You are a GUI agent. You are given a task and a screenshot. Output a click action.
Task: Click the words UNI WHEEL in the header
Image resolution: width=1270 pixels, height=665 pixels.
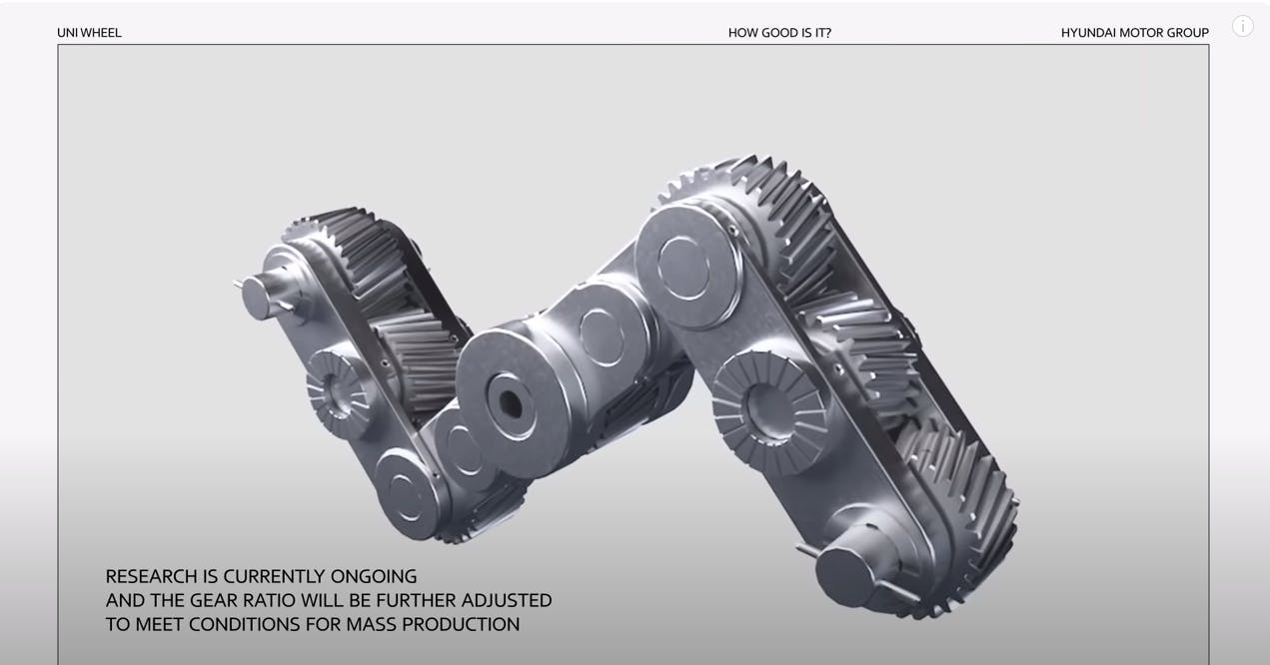click(x=89, y=33)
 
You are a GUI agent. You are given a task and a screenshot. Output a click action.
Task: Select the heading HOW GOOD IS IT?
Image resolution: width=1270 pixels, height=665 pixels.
click(x=779, y=33)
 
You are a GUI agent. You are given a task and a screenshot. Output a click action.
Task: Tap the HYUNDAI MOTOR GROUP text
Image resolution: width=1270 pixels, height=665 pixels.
click(x=1135, y=33)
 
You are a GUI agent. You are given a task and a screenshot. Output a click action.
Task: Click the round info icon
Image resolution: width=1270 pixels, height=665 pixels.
click(x=1243, y=26)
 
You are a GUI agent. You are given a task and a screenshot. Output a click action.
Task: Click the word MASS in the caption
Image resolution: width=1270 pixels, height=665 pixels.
click(x=371, y=624)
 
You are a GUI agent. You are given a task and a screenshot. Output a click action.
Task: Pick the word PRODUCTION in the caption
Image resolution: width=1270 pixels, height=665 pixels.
click(x=461, y=624)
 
